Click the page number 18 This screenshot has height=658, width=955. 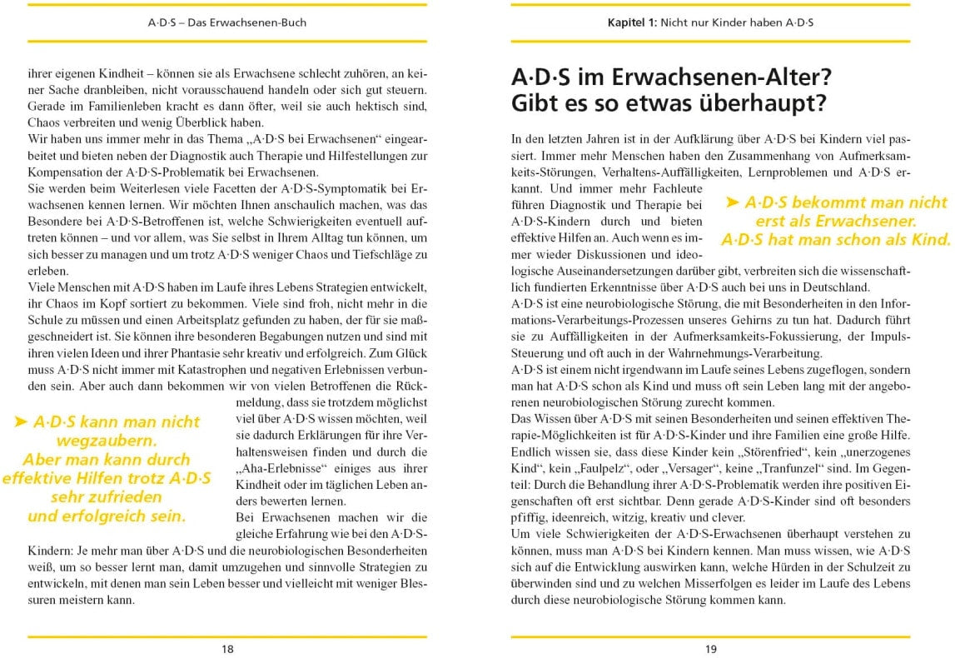click(227, 649)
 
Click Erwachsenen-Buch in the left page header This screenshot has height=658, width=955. click(261, 22)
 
